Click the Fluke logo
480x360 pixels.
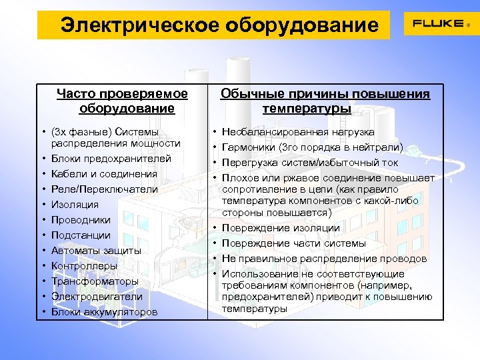441,24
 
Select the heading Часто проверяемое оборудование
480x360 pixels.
123,101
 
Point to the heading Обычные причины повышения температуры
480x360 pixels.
326,101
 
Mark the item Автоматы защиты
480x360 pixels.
96,251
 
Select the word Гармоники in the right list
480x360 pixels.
245,147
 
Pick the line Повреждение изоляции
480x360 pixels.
281,228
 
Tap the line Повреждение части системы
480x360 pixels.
293,243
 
